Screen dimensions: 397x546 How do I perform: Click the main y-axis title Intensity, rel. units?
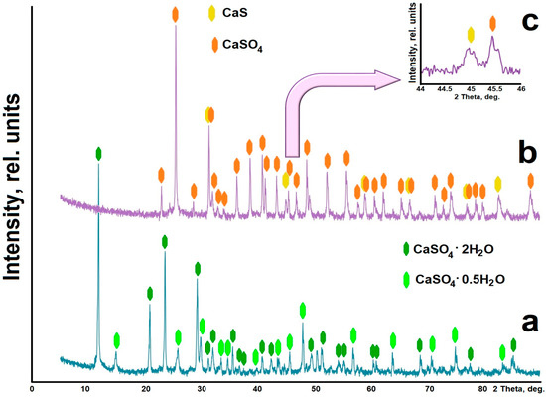[x=13, y=198]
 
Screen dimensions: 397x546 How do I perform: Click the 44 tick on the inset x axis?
[x=422, y=87]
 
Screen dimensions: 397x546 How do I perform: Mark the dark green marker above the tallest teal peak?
[x=98, y=154]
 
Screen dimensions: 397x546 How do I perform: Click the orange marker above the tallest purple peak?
[x=176, y=14]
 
